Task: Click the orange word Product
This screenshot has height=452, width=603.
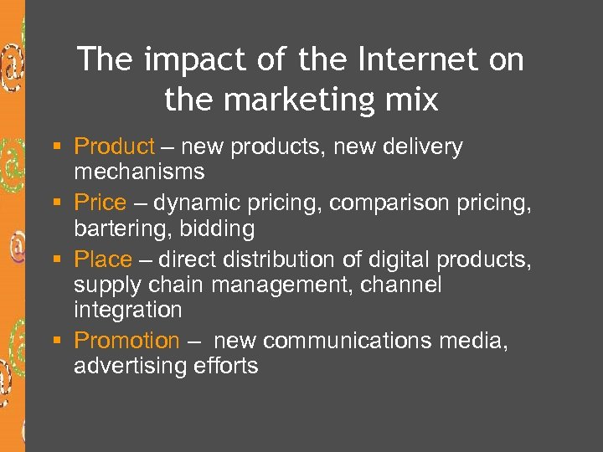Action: click(x=114, y=147)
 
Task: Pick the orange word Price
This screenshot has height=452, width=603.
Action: click(x=100, y=203)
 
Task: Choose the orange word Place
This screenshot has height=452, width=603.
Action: click(x=103, y=259)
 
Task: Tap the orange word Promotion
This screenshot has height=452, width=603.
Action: click(x=126, y=341)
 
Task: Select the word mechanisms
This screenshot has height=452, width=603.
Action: click(x=139, y=172)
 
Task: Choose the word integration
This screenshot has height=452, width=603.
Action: click(x=127, y=310)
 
